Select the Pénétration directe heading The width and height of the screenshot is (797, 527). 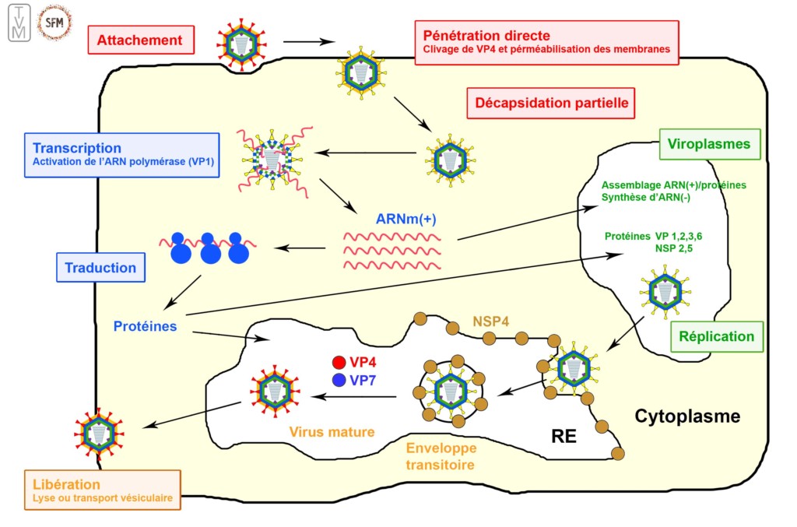[486, 36]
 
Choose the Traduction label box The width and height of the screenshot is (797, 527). [100, 268]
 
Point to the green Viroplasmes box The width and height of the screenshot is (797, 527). [709, 144]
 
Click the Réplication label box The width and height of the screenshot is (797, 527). [717, 336]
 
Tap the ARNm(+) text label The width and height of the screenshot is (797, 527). [406, 220]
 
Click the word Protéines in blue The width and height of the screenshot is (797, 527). [145, 326]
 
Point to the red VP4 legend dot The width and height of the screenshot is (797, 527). [339, 362]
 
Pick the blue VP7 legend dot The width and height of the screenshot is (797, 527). [339, 381]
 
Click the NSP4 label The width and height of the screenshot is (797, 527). [492, 320]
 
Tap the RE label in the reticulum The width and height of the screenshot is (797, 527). [564, 437]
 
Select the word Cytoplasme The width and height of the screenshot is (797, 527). [687, 416]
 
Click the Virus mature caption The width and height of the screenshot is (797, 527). [332, 431]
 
